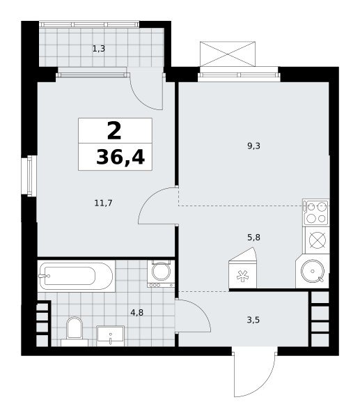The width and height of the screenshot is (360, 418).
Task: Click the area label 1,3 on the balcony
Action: (x=99, y=49)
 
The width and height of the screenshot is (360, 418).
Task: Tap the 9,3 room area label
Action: (x=253, y=146)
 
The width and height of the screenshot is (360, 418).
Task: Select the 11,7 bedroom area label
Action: (x=103, y=203)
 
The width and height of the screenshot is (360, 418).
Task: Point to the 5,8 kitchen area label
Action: (x=253, y=237)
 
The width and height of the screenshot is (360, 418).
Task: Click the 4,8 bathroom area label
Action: (x=136, y=312)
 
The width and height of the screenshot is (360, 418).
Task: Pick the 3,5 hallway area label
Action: (x=253, y=320)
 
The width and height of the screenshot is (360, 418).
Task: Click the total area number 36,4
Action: (x=120, y=157)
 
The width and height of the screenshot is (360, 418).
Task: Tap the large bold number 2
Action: (x=114, y=130)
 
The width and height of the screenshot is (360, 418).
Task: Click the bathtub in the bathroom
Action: (x=76, y=276)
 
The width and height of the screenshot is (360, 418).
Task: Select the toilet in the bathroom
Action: (x=75, y=331)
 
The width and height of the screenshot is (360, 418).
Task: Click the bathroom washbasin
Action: (x=110, y=336)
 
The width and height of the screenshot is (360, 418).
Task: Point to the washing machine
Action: (x=161, y=274)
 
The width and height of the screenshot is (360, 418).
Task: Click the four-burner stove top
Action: (x=316, y=212)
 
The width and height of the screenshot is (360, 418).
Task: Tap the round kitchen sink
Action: (x=313, y=271)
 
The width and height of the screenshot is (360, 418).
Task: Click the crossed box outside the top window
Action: (x=228, y=54)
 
